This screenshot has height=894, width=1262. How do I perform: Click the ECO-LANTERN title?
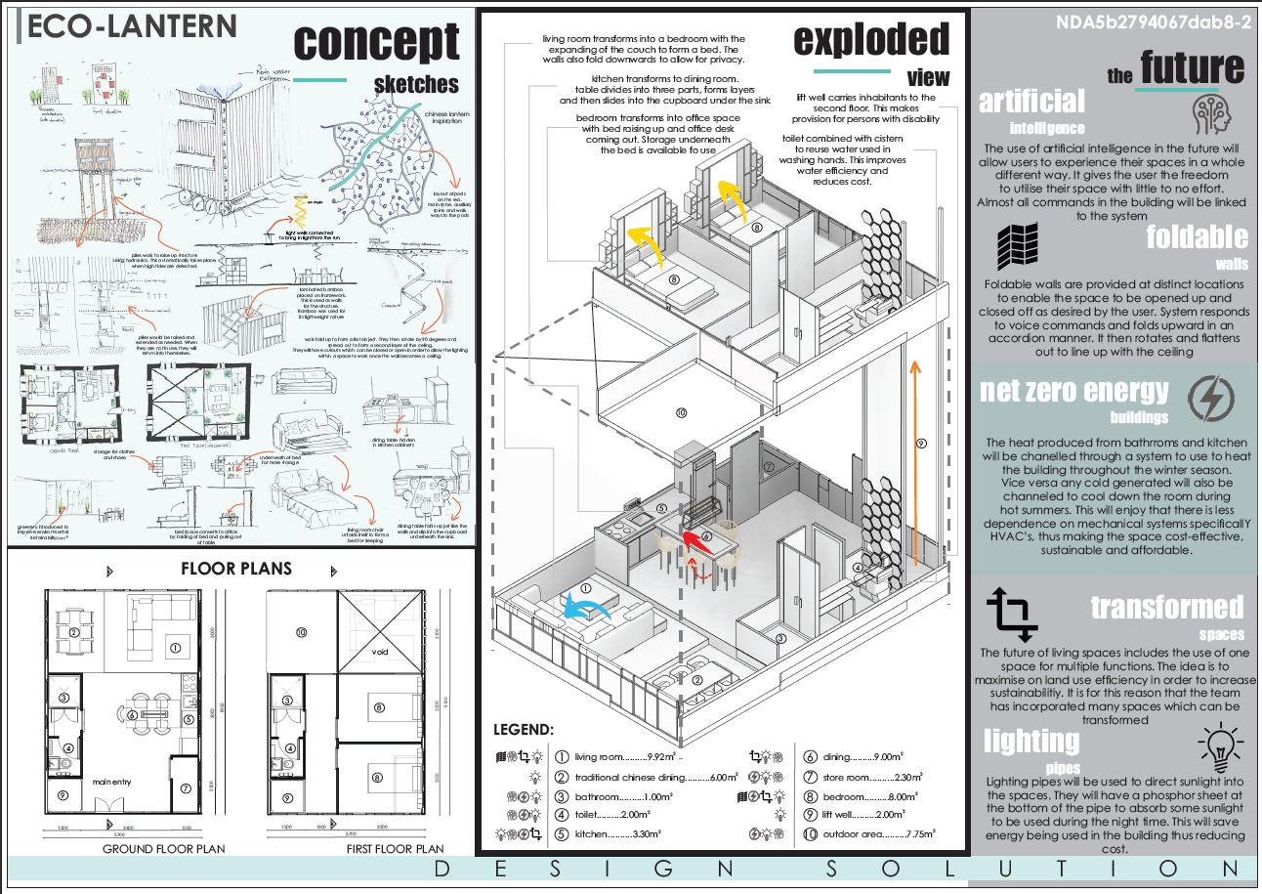tap(132, 26)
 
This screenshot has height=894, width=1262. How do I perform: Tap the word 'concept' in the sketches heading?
tap(376, 41)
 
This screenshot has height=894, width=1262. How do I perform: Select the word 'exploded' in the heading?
tap(870, 40)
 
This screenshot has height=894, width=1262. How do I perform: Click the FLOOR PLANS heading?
tap(236, 569)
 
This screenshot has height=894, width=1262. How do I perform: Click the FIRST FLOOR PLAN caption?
tap(395, 849)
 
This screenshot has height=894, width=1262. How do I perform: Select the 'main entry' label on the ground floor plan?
tap(112, 782)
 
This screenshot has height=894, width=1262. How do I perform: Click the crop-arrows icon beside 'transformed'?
tap(1012, 613)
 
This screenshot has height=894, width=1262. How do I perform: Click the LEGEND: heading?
tap(523, 730)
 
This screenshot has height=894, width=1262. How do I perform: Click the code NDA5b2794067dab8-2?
tap(1153, 23)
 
